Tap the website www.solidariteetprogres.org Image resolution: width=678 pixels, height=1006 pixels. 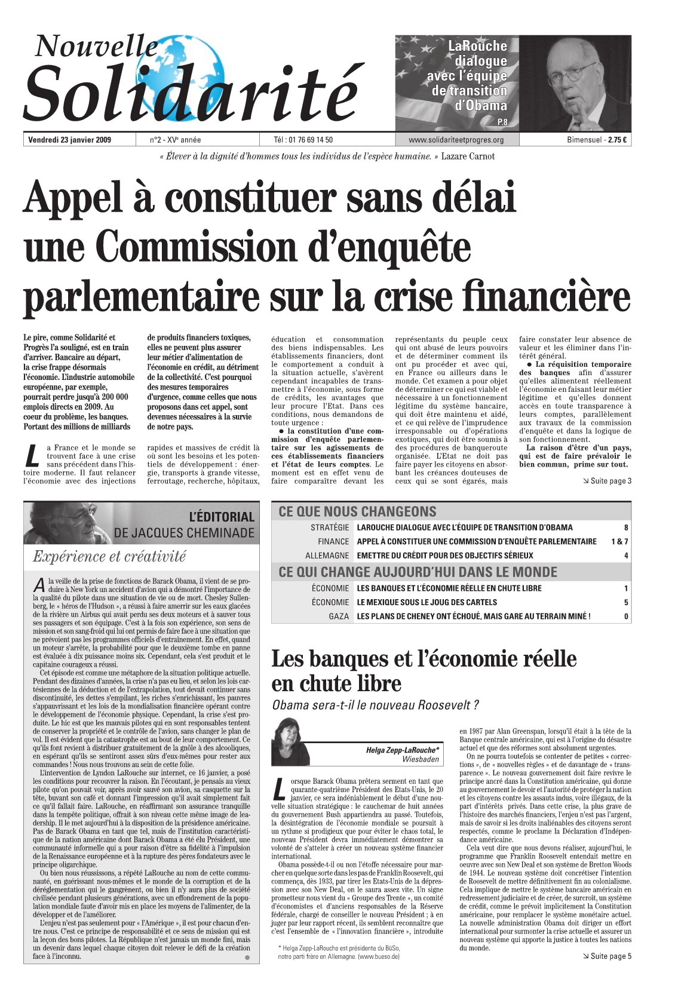(x=456, y=140)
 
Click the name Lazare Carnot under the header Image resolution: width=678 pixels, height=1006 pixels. (x=468, y=157)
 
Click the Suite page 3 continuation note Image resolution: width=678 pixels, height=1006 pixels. (x=606, y=481)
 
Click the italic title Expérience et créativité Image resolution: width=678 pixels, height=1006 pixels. (x=109, y=557)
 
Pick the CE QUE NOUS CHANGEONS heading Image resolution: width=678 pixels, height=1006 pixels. (x=357, y=511)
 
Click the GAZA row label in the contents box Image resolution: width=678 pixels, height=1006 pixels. (x=339, y=617)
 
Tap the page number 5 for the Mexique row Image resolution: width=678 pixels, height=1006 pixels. (x=626, y=602)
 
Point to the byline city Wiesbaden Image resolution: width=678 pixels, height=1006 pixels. (x=421, y=759)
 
